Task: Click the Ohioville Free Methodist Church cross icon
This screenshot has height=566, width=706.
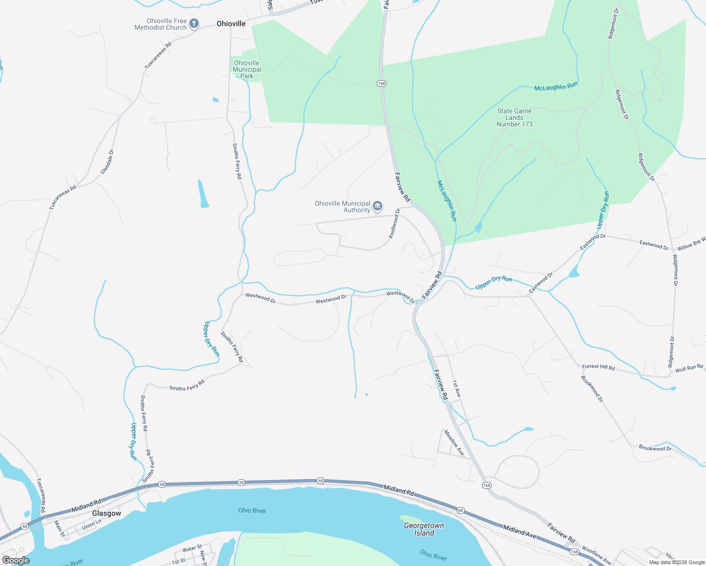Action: pyautogui.click(x=194, y=24)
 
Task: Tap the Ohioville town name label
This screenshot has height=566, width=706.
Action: pyautogui.click(x=231, y=24)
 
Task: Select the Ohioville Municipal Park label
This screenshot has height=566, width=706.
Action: pyautogui.click(x=247, y=69)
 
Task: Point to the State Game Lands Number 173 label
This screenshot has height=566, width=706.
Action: pyautogui.click(x=514, y=117)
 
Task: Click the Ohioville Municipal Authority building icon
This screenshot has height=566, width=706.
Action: pyautogui.click(x=378, y=206)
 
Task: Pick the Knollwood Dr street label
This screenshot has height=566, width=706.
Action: pyautogui.click(x=394, y=223)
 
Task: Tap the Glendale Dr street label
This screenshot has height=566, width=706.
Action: pyautogui.click(x=107, y=162)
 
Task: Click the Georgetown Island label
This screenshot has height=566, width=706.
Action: pyautogui.click(x=424, y=529)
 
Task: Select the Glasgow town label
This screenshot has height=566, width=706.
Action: pyautogui.click(x=107, y=513)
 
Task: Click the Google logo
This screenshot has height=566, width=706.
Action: pyautogui.click(x=16, y=560)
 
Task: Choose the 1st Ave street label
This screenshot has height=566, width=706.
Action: pyautogui.click(x=456, y=388)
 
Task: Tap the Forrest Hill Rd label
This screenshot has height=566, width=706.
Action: pyautogui.click(x=598, y=367)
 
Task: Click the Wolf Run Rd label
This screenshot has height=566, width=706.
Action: pyautogui.click(x=689, y=368)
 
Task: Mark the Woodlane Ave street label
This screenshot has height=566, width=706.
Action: pyautogui.click(x=597, y=555)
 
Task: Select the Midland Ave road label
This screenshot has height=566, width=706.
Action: pyautogui.click(x=520, y=532)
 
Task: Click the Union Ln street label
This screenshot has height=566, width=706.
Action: pyautogui.click(x=92, y=524)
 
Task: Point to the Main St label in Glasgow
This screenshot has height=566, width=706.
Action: pyautogui.click(x=59, y=528)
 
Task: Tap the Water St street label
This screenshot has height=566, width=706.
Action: pyautogui.click(x=192, y=549)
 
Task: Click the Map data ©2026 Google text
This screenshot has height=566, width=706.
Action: pyautogui.click(x=677, y=562)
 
